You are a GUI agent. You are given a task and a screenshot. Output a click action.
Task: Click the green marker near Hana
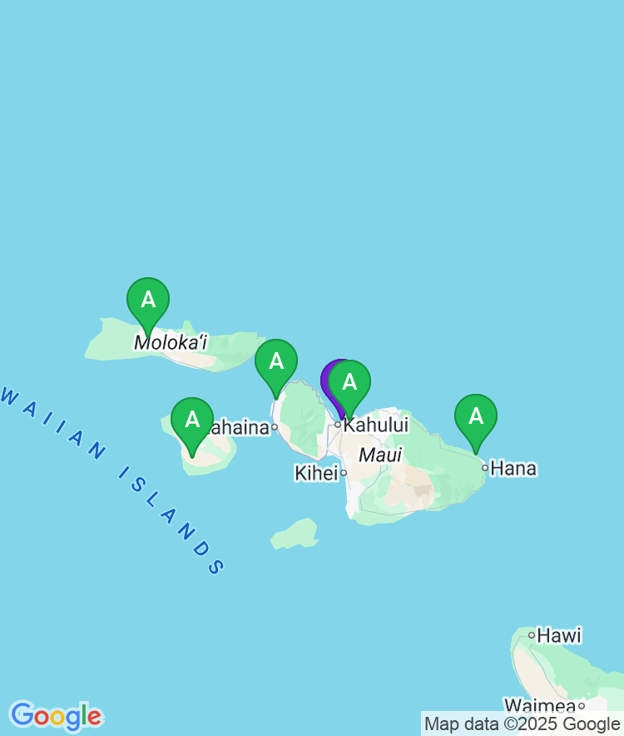click(476, 416)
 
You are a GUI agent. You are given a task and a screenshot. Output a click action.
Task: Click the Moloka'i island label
click(171, 342)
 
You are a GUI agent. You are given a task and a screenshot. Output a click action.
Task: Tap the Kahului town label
click(376, 425)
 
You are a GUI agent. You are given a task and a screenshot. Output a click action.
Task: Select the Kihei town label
click(316, 473)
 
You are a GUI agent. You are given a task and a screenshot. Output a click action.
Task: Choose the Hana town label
click(513, 468)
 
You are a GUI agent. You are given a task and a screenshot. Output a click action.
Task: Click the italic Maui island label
click(380, 455)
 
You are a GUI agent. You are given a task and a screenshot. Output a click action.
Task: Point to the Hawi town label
click(559, 635)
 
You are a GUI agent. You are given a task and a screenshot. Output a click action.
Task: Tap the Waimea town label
click(540, 706)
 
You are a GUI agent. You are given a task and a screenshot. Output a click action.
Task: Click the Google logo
click(56, 716)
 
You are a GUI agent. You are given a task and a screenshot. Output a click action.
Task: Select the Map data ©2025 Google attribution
click(522, 724)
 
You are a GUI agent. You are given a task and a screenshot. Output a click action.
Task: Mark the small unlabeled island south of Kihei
click(295, 534)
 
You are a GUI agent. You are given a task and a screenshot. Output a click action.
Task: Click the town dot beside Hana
click(485, 467)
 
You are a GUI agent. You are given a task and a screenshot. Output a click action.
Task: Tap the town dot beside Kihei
click(343, 473)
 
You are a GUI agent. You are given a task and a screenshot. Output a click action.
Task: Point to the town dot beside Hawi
click(532, 635)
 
